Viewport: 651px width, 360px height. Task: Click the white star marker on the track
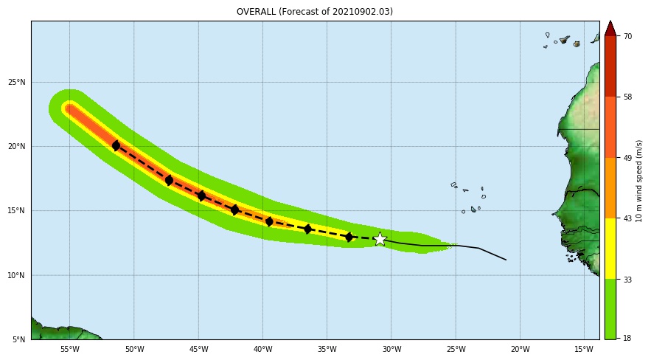point(380,239)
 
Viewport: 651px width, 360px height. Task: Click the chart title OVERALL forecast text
point(315,12)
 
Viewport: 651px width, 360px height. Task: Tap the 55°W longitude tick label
point(69,350)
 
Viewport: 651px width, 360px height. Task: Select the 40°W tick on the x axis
point(263,350)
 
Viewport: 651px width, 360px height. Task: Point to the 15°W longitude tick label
point(584,350)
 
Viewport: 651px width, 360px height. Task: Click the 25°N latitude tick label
point(17,82)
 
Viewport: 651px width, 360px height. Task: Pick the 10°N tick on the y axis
point(17,275)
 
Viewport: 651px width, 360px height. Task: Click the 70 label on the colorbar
point(627,36)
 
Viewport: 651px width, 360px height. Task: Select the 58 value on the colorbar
point(627,97)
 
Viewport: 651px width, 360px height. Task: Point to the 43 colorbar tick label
point(627,218)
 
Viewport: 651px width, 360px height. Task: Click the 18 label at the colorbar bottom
point(627,338)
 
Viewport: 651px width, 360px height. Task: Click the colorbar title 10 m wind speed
point(639,181)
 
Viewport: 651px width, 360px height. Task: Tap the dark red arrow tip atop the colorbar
point(610,28)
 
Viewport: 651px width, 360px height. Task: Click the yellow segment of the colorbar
point(610,248)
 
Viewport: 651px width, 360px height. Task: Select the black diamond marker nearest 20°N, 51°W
point(116,146)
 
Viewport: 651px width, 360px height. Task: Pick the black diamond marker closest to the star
point(349,237)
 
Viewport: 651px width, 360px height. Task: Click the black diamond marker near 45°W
point(201,196)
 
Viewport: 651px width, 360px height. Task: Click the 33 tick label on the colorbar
point(627,279)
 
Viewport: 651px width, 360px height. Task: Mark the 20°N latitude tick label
point(17,146)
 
